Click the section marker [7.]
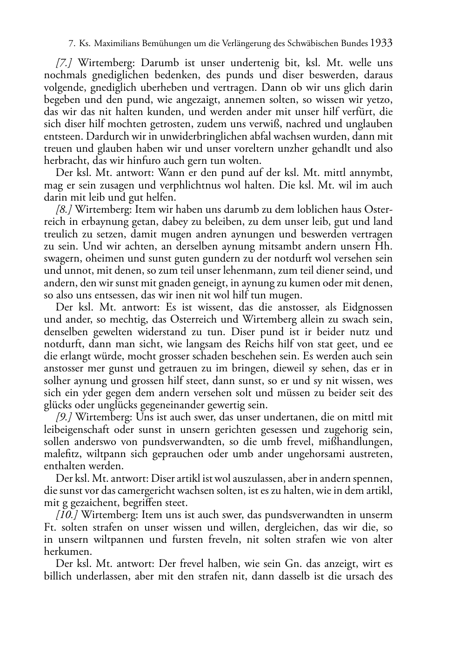click(x=64, y=63)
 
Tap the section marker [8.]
click(x=64, y=209)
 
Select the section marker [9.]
click(x=64, y=418)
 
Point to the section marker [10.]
click(x=67, y=515)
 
